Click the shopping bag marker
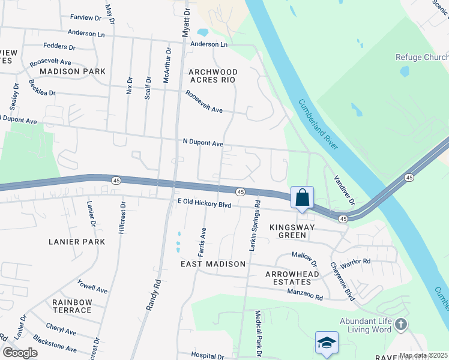coord(302,197)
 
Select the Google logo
coord(20,353)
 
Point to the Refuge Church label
coord(421,58)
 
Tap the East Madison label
coord(213,264)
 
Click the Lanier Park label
coord(77,242)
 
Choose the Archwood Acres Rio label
coord(213,76)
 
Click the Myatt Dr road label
coord(186,20)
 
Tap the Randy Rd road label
coord(154,295)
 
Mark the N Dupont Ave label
coord(203,143)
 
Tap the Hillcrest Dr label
coord(122,217)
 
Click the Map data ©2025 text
coord(423,355)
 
